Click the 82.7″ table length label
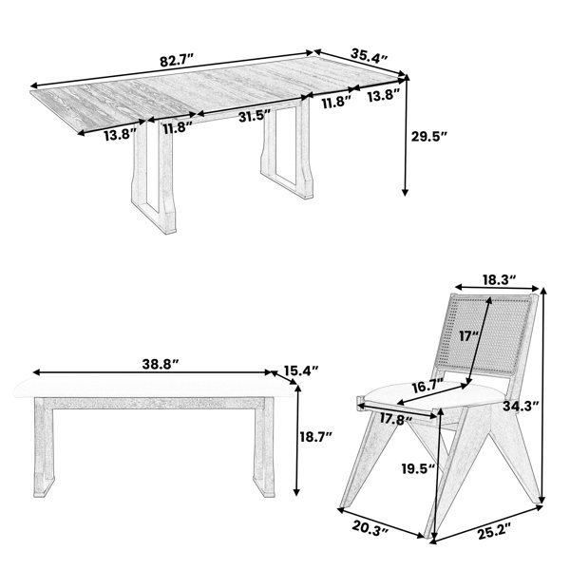pos(178,60)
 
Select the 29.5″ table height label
pos(429,136)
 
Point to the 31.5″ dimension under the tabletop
pos(256,116)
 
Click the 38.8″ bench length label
pos(161,364)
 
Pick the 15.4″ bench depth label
pos(301,370)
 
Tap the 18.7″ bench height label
pos(316,436)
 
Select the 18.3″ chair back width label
pos(500,279)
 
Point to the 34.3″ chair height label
pos(521,406)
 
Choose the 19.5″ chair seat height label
pos(418,468)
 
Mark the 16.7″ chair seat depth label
pos(427,388)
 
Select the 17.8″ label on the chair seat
pos(396,419)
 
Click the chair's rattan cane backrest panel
pos(487,336)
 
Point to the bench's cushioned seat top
pos(154,389)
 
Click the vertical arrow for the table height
pos(406,135)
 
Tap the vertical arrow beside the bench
pos(297,440)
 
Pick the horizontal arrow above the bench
pos(152,372)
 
